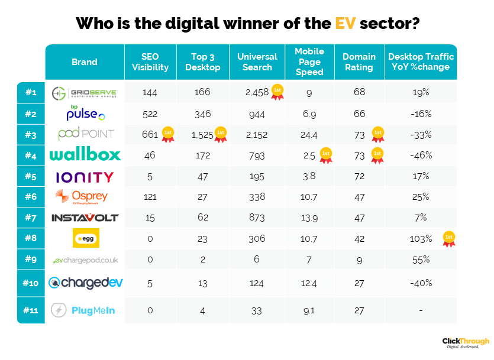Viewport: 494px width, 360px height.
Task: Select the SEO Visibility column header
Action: click(x=150, y=62)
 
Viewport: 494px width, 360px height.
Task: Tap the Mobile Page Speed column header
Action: click(x=309, y=62)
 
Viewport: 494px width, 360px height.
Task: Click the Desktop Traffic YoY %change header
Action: click(x=421, y=62)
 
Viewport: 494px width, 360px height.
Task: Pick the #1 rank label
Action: click(x=31, y=92)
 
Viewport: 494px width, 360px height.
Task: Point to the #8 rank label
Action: click(x=31, y=239)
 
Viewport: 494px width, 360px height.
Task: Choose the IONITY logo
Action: click(x=85, y=177)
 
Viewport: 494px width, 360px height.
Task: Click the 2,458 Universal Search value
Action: click(x=257, y=92)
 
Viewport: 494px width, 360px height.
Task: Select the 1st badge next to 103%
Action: click(x=449, y=239)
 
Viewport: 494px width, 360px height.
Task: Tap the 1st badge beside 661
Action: click(x=168, y=135)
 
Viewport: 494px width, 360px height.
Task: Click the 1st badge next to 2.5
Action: click(x=325, y=155)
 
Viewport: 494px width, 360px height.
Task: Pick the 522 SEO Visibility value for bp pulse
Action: click(x=150, y=113)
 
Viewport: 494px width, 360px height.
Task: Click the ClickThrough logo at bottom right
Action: click(x=466, y=343)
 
